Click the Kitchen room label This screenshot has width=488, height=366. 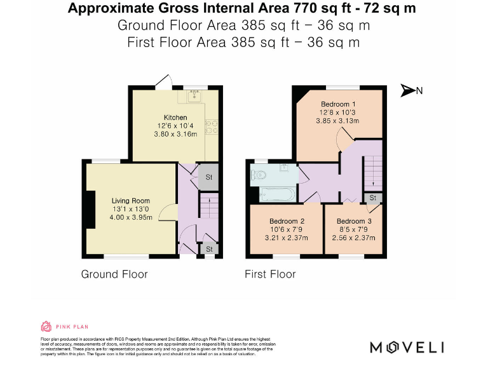(x=175, y=118)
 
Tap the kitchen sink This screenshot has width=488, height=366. (x=194, y=97)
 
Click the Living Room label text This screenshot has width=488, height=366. (x=132, y=201)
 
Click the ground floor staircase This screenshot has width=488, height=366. (x=208, y=207)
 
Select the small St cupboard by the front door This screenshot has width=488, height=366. (x=208, y=250)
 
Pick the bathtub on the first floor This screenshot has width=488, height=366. (x=276, y=194)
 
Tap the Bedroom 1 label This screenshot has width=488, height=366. (x=338, y=104)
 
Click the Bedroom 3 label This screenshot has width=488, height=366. (x=354, y=221)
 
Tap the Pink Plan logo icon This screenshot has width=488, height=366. (x=46, y=327)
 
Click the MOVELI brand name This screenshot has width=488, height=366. (x=407, y=347)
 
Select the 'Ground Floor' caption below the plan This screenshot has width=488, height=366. (x=114, y=274)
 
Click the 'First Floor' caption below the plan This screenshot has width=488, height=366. (x=270, y=274)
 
